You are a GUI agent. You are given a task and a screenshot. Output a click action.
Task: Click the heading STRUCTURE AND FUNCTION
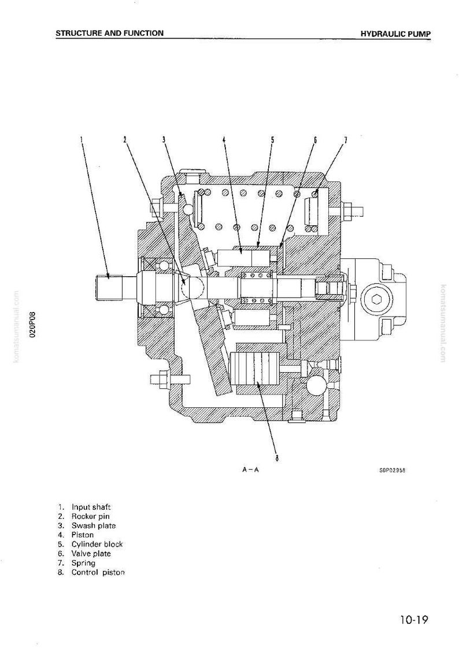[x=109, y=33]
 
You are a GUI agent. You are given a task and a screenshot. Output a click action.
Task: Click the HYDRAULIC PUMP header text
[x=395, y=34]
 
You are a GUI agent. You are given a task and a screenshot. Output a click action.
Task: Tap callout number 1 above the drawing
[x=82, y=140]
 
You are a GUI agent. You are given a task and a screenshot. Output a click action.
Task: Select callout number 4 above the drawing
[x=224, y=140]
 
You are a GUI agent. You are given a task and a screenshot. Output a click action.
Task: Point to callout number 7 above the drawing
[x=346, y=140]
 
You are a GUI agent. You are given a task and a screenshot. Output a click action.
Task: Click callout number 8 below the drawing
[x=276, y=458]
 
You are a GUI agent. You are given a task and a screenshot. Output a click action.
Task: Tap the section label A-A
[x=250, y=470]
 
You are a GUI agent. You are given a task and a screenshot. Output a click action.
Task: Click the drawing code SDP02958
[x=391, y=470]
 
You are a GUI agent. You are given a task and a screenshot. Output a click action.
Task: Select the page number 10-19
[x=414, y=620]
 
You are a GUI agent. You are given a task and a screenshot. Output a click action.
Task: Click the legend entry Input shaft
[x=91, y=507]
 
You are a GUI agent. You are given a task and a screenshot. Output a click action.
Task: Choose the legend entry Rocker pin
[x=90, y=517]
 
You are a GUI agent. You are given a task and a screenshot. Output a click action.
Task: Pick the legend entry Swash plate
[x=93, y=526]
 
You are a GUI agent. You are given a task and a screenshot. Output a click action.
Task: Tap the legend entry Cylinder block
[x=97, y=544]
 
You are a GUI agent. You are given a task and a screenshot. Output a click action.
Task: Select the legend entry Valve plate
[x=91, y=554]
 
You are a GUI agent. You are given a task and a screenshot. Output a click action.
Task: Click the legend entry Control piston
[x=98, y=573]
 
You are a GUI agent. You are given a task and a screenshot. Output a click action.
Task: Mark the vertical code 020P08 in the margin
[x=33, y=325]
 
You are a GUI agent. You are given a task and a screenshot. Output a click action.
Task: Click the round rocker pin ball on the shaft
[x=190, y=285]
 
